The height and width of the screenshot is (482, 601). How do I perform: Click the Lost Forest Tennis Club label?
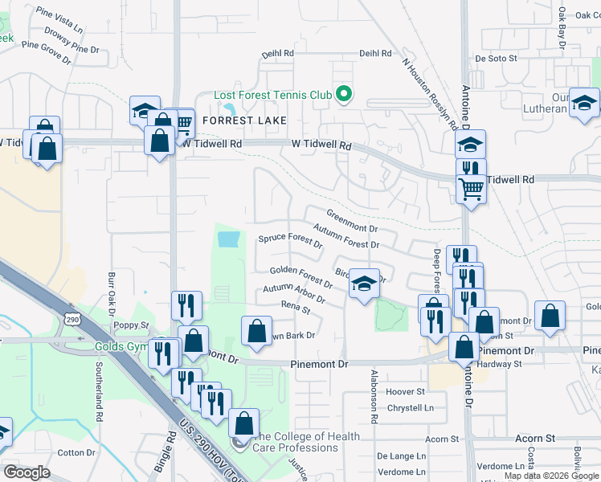(x=272, y=95)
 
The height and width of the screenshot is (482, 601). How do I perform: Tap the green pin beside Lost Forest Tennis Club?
(x=344, y=95)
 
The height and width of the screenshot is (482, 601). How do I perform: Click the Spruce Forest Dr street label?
(x=289, y=239)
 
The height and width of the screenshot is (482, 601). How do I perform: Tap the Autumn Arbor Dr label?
(x=293, y=294)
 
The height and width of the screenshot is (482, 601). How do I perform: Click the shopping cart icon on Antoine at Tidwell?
(x=471, y=190)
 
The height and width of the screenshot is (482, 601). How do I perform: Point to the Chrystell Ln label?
(x=411, y=407)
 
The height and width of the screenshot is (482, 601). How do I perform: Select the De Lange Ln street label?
(x=401, y=455)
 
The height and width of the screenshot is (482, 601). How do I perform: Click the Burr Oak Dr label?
(x=112, y=296)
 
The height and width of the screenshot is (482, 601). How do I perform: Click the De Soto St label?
(x=495, y=59)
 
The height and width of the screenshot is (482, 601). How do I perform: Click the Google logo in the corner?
(x=27, y=472)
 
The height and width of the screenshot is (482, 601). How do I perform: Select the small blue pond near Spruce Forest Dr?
(x=228, y=239)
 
